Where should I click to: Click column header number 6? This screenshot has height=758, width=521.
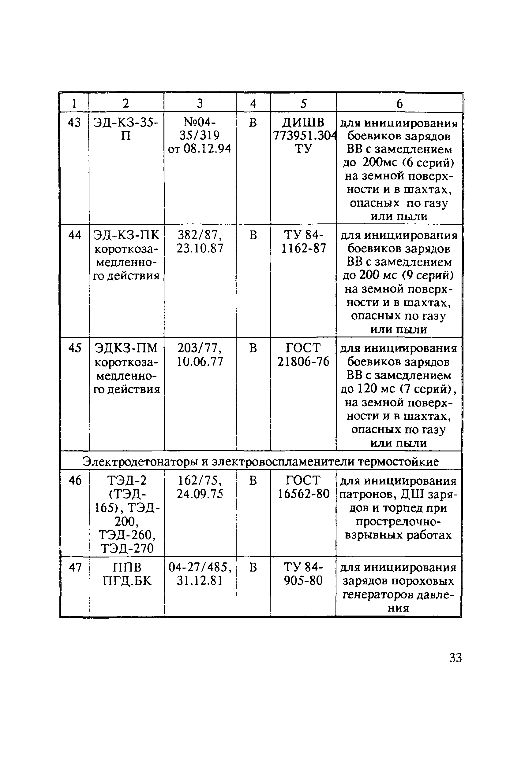click(399, 104)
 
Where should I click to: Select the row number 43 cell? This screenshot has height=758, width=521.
click(74, 123)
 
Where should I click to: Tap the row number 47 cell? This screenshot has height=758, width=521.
click(75, 568)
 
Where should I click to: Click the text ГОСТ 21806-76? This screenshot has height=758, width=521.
click(303, 355)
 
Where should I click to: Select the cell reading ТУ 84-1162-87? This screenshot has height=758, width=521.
click(303, 242)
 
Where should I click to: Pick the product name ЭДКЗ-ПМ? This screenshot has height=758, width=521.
click(126, 348)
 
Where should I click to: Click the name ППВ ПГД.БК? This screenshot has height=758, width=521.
click(127, 574)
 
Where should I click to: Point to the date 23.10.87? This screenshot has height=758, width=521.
click(200, 248)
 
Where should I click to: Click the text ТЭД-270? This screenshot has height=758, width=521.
click(127, 549)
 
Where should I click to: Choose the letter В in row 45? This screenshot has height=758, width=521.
click(253, 348)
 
